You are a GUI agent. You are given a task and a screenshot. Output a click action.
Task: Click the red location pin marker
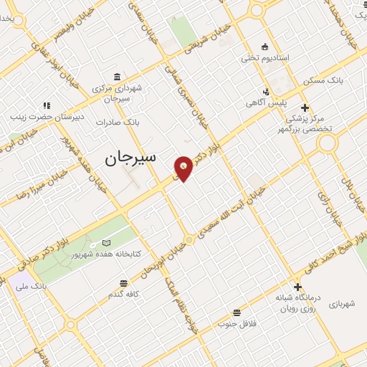183,168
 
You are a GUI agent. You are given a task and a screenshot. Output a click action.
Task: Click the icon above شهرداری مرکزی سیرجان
117,77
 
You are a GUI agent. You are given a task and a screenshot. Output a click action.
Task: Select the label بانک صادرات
118,123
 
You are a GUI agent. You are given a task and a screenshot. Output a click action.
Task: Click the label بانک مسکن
323,80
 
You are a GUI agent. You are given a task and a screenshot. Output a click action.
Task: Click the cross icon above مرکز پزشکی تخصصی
305,108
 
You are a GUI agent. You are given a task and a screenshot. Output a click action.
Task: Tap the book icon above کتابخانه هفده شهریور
106,244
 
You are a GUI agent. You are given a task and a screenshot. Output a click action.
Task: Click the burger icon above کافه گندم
124,284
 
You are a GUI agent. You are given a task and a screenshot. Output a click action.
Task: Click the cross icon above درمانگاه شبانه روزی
297,287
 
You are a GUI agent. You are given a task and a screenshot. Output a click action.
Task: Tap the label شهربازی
347,304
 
